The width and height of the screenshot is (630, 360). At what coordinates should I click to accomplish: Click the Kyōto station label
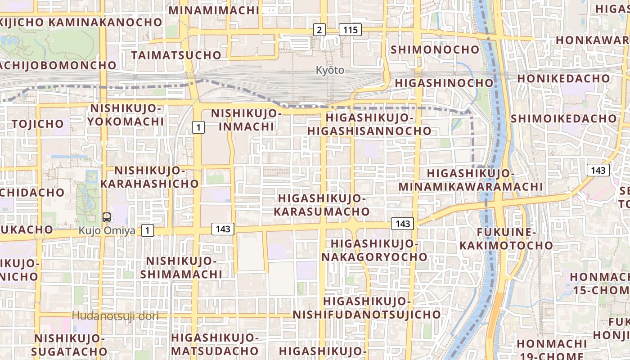click(330, 70)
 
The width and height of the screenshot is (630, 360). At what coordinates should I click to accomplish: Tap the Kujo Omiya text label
click(107, 230)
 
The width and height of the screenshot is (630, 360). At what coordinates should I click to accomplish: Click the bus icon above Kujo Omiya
click(107, 217)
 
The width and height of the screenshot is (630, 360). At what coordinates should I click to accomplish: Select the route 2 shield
click(319, 30)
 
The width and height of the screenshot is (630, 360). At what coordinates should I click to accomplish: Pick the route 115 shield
click(350, 30)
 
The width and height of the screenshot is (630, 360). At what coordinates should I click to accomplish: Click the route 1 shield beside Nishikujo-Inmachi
click(198, 128)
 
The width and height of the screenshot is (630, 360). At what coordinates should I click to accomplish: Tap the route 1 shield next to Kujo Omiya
click(147, 231)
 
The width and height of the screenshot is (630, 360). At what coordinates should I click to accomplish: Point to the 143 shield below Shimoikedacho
click(598, 170)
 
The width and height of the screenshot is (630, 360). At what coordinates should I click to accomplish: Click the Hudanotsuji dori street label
click(115, 316)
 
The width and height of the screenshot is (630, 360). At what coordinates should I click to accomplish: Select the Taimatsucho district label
click(176, 55)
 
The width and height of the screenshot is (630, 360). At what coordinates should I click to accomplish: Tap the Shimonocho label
click(435, 49)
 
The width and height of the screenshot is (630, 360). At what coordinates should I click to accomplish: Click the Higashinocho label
click(444, 83)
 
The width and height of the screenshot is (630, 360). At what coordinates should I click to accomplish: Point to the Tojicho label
click(38, 124)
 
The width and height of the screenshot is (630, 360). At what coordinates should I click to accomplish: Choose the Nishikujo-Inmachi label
click(246, 120)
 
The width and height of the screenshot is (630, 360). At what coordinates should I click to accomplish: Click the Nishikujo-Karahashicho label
click(149, 177)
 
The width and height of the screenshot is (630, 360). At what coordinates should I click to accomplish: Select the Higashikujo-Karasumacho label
click(324, 205)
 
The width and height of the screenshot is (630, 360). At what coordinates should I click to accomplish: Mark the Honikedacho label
click(563, 78)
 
